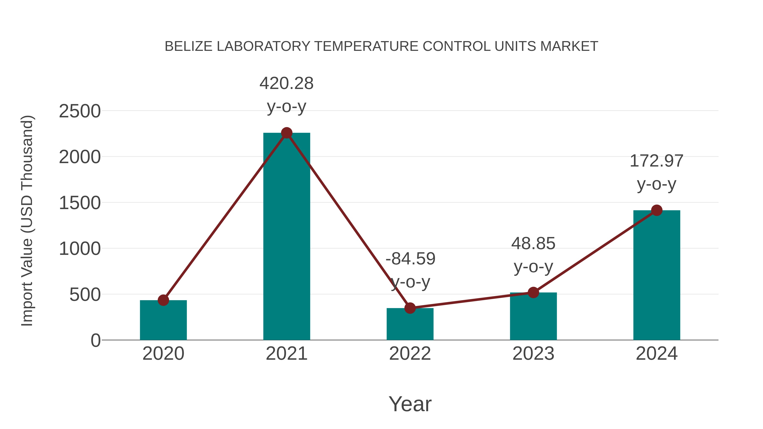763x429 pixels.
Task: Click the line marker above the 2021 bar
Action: (x=286, y=133)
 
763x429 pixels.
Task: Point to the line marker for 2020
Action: (x=163, y=300)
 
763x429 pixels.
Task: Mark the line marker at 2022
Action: (x=410, y=308)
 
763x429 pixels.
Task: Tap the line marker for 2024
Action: (x=657, y=210)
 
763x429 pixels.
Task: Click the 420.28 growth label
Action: (x=286, y=83)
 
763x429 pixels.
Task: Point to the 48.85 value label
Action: (x=533, y=243)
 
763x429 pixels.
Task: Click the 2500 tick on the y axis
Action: (x=80, y=112)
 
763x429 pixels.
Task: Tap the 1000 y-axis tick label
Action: (x=80, y=249)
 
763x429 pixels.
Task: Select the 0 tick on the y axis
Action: (x=96, y=340)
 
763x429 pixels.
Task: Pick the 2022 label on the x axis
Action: (x=410, y=354)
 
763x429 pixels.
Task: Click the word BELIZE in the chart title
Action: (x=188, y=46)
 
